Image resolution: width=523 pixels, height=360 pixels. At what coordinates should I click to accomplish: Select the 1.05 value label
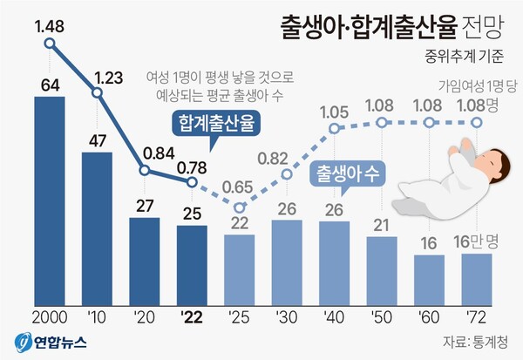(x=334, y=111)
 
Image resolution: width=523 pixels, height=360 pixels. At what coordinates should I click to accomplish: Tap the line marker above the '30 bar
(x=287, y=181)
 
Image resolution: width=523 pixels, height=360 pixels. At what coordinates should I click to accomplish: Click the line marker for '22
(x=192, y=181)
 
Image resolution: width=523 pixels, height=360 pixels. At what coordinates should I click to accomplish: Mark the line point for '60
(x=429, y=123)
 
